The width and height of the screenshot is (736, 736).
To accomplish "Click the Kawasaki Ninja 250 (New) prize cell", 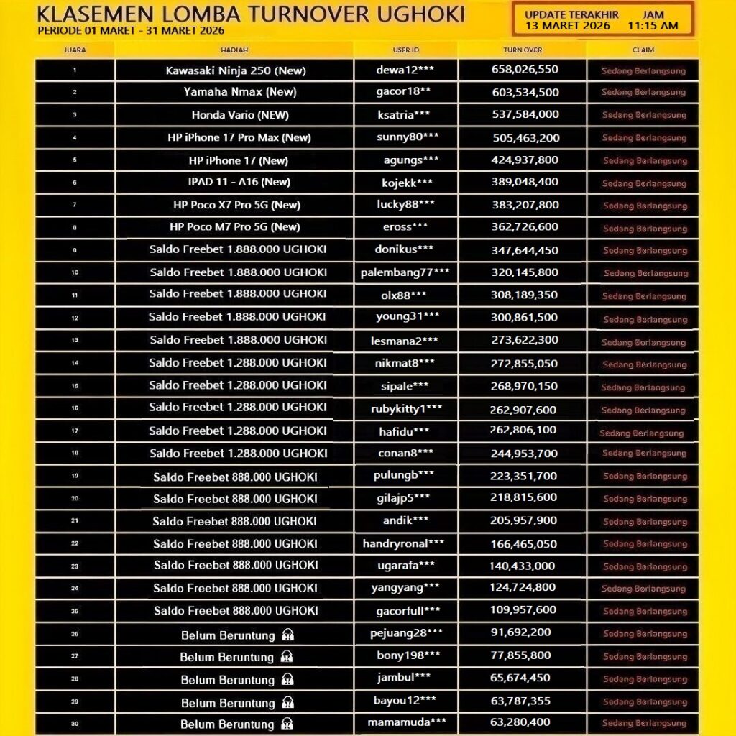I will [x=234, y=70].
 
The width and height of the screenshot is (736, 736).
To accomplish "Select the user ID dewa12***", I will [x=405, y=70].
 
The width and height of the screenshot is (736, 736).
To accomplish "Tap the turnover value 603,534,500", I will [x=525, y=92].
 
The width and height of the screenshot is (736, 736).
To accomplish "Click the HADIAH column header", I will [x=234, y=50].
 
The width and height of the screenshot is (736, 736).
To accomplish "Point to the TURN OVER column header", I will [x=523, y=50].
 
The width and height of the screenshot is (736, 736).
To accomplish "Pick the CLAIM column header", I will [x=643, y=50].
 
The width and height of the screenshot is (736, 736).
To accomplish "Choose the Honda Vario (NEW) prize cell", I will [x=234, y=115].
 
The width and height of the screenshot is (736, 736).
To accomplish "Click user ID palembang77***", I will [x=405, y=272].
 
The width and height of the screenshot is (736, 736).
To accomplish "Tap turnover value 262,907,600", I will [x=523, y=410].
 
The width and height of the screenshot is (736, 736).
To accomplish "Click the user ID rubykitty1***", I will [x=405, y=409].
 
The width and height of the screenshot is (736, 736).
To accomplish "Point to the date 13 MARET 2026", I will [x=568, y=26].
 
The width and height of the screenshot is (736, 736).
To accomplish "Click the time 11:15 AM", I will [x=653, y=26].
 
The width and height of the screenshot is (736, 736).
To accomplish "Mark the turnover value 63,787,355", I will [x=523, y=701].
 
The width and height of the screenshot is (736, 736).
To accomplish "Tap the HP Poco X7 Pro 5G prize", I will [x=236, y=205].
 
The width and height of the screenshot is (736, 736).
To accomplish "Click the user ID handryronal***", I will [x=403, y=544].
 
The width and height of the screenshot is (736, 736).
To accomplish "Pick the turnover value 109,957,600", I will [x=523, y=610].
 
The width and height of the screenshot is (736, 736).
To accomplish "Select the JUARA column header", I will [x=75, y=50].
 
